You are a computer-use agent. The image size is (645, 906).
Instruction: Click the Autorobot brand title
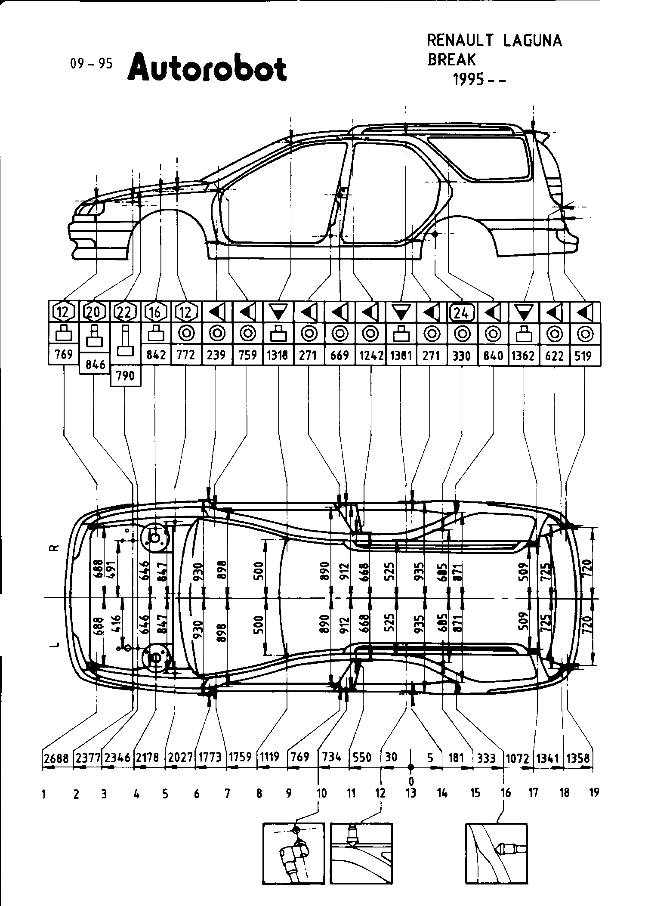207,68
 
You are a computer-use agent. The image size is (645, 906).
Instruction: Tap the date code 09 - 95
91,64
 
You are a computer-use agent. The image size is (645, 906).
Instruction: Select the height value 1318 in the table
278,355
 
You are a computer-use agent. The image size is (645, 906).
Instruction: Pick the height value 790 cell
125,376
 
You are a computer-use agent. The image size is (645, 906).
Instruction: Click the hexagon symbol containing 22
124,312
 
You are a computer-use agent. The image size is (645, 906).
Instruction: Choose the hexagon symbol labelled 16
155,312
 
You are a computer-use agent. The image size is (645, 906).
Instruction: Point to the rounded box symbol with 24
462,312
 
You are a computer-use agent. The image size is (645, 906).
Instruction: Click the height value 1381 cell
401,356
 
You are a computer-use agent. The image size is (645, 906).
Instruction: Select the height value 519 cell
585,356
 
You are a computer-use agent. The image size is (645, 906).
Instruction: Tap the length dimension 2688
56,757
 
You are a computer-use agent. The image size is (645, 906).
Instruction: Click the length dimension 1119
270,756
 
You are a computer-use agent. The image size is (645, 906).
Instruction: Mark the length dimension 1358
578,757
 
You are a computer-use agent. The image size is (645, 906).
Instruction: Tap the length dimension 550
362,757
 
